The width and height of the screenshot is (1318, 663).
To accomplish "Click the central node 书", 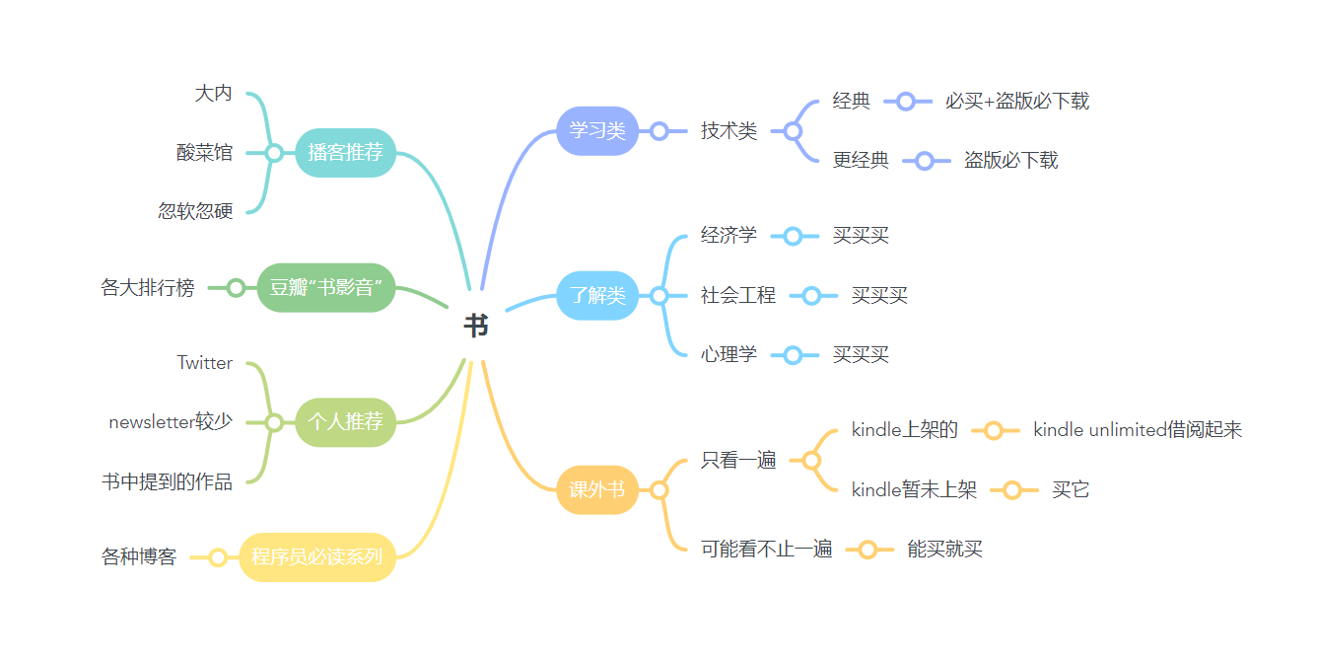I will (475, 327).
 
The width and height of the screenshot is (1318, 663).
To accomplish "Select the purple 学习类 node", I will (597, 130).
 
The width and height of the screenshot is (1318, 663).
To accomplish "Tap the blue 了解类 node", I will (597, 295).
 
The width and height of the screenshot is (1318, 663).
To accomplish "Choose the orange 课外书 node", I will (597, 489).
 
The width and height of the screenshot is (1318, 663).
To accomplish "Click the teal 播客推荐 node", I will (345, 153).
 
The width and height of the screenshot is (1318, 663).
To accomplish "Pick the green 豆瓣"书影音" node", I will (325, 288).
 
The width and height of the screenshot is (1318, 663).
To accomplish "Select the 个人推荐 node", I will (345, 422).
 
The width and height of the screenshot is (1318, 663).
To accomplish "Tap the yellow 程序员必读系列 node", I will (316, 556).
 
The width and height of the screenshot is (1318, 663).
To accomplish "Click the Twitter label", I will (205, 363).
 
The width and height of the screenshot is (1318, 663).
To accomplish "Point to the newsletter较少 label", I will (171, 422).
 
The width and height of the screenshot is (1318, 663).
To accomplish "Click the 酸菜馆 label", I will (205, 153).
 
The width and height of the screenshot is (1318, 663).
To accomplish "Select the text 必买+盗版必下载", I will (1017, 101).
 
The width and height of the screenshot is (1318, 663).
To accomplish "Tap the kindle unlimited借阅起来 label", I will (1138, 430).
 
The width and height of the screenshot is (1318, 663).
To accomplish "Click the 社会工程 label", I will (738, 295).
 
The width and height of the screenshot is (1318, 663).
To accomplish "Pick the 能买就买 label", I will (945, 550).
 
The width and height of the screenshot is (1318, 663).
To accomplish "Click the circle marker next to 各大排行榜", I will (236, 288).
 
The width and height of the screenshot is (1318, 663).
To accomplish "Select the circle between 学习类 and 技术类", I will (659, 130).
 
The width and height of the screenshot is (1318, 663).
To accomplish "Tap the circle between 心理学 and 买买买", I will (794, 355).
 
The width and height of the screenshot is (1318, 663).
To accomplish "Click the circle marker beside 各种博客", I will (218, 557).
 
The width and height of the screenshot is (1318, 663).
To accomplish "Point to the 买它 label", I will (1071, 490).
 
